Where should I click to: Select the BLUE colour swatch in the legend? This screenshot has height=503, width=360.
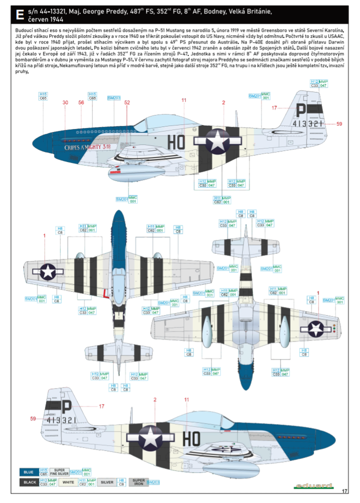(29, 472)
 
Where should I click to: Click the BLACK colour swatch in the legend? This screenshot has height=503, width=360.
(29, 482)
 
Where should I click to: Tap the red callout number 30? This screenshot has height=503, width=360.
(65, 103)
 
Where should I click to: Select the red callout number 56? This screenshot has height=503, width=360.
(81, 103)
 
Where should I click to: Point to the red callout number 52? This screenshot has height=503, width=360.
(127, 103)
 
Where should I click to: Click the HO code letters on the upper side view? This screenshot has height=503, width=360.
(177, 142)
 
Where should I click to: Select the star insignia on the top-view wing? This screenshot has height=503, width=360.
(47, 271)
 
